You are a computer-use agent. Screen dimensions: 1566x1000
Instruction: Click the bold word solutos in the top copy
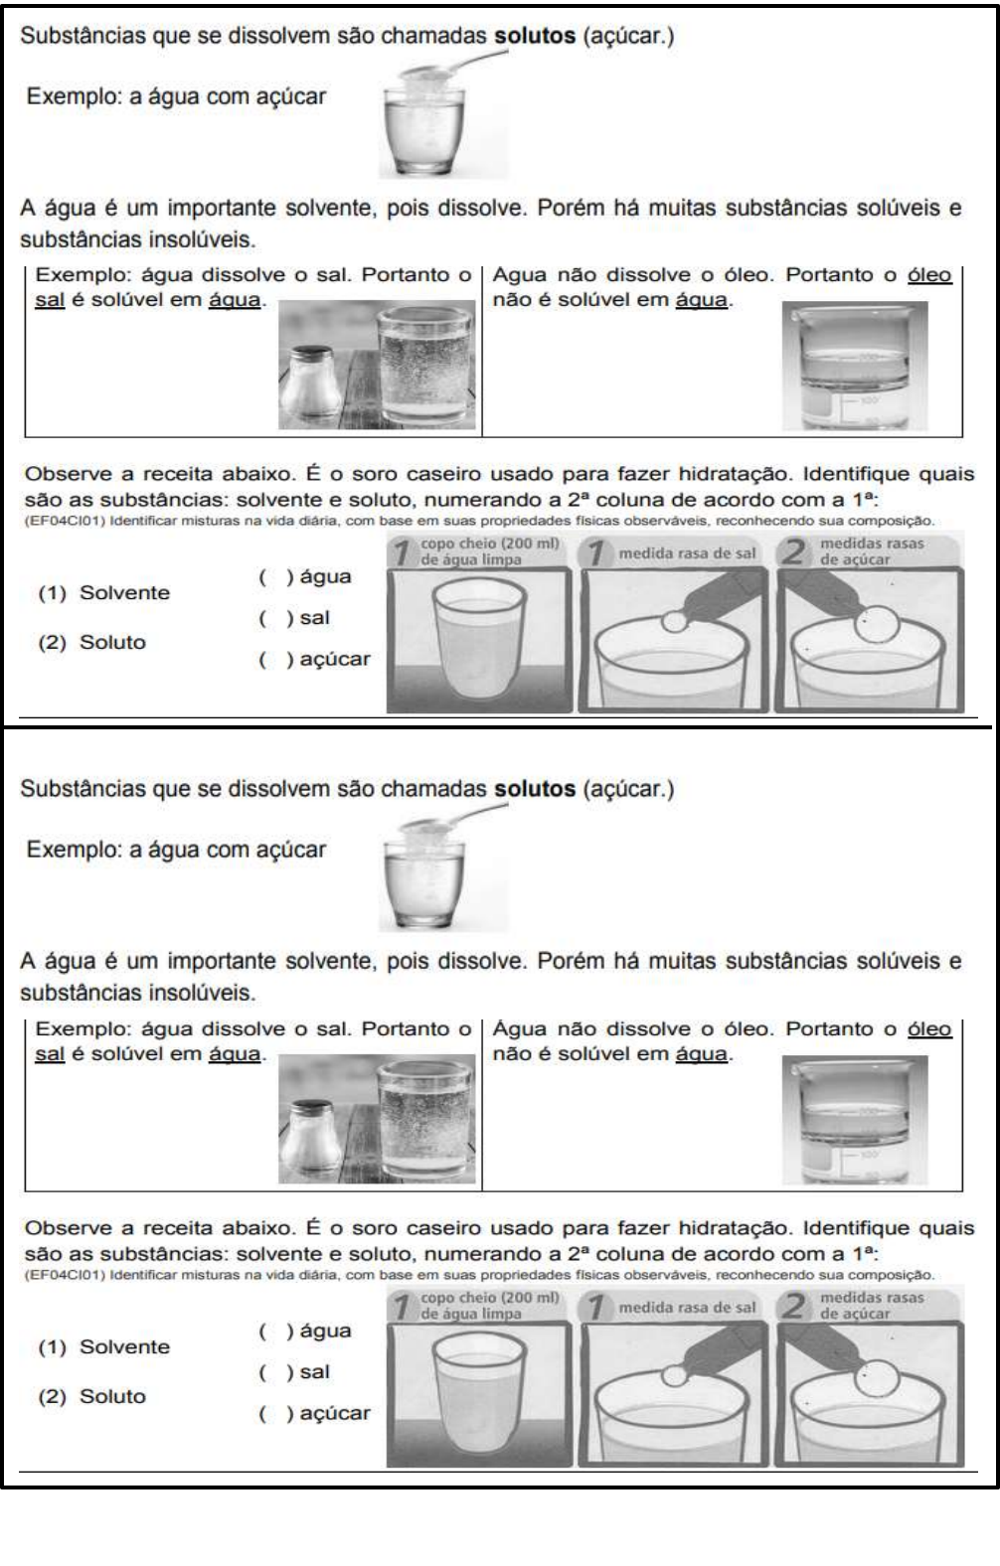[535, 36]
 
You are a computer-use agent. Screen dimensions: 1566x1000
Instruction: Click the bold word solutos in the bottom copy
[535, 789]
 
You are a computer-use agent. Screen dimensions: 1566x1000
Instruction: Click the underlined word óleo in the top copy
[929, 275]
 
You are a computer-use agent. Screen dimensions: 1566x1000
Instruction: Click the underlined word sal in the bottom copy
[49, 1053]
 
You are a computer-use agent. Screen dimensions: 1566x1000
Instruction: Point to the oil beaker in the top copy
[854, 366]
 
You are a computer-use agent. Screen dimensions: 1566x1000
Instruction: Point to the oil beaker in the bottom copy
[854, 1119]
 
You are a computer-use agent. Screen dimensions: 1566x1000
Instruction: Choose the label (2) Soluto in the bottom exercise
[91, 1396]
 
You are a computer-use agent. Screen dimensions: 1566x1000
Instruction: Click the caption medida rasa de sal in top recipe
[687, 553]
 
